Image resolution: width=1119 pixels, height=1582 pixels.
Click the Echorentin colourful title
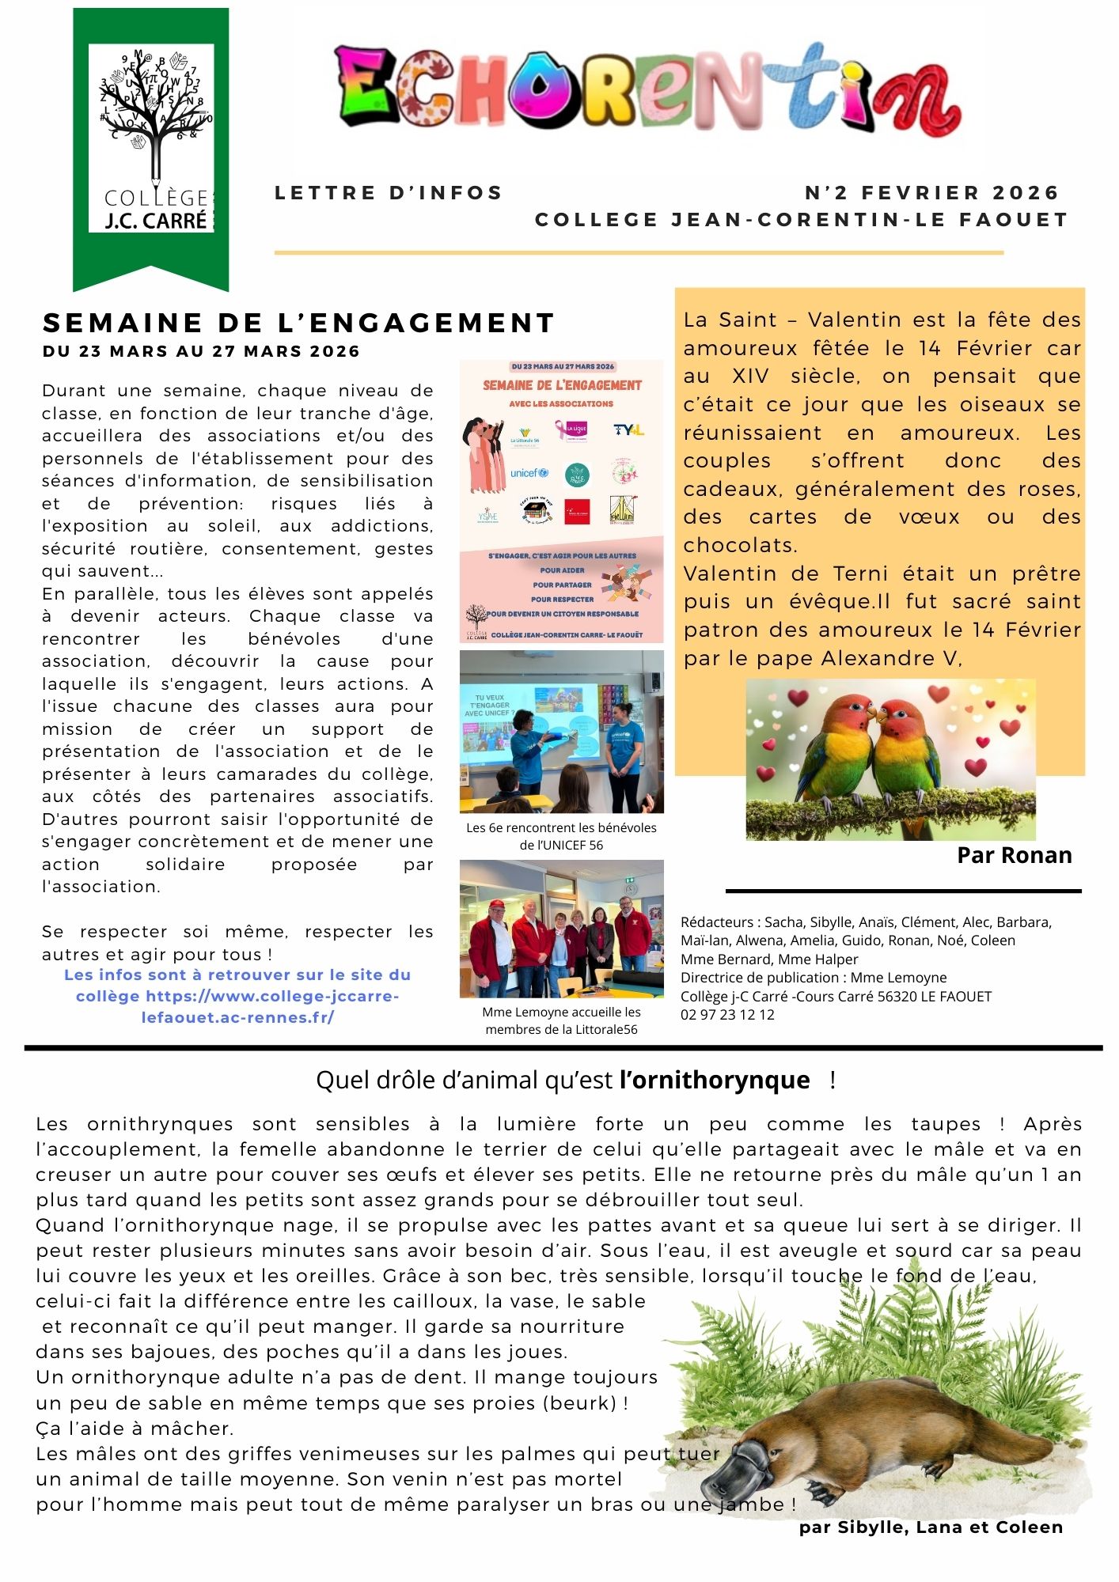[x=647, y=91]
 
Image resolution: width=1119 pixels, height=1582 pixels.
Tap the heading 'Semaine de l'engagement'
[x=298, y=323]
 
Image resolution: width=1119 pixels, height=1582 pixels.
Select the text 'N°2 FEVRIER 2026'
[x=931, y=193]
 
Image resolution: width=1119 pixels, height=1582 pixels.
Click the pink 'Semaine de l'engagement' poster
[x=561, y=501]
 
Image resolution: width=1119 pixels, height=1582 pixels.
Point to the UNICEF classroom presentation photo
[x=561, y=731]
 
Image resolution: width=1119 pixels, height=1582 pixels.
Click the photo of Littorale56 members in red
[x=561, y=929]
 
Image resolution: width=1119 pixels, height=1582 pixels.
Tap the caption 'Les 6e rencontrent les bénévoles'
[x=561, y=827]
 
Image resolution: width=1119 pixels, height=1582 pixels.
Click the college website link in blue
[x=237, y=996]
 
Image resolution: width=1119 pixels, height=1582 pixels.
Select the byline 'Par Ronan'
[x=1014, y=855]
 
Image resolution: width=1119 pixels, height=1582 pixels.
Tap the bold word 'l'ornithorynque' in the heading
[x=715, y=1080]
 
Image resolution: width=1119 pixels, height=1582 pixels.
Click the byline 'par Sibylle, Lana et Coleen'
[x=931, y=1527]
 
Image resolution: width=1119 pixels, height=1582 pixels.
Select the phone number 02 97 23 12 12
[x=727, y=1015]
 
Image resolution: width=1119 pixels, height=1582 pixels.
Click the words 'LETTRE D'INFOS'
[x=389, y=193]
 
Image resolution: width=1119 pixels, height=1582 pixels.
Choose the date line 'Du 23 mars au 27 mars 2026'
[x=201, y=351]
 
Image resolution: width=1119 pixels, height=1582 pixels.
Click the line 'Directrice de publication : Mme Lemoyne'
[x=813, y=978]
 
